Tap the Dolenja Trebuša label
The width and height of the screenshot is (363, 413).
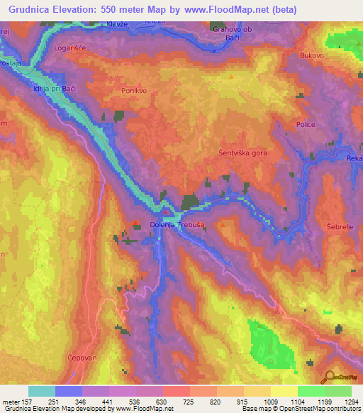[x=177, y=225]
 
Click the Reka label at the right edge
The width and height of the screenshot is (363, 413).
[x=354, y=160]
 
